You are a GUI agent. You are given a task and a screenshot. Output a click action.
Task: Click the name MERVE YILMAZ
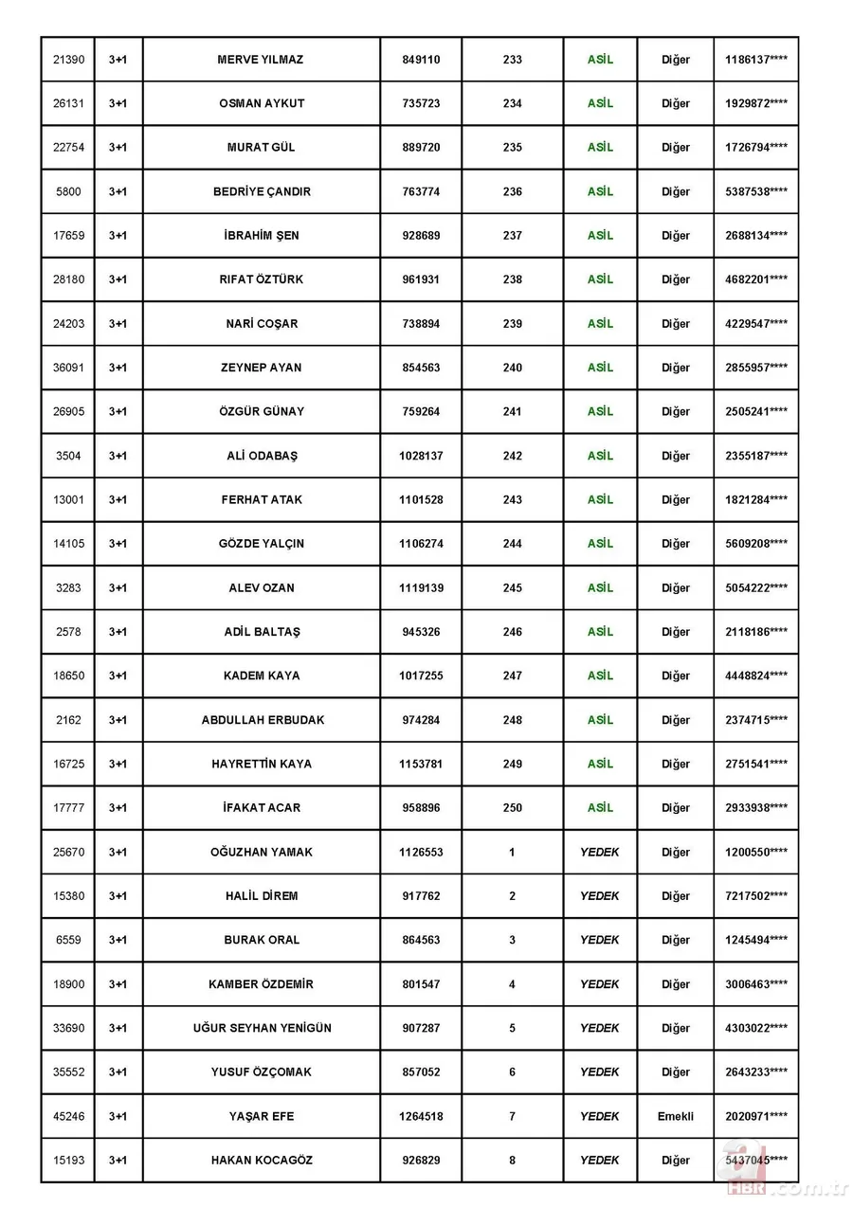pyautogui.click(x=262, y=60)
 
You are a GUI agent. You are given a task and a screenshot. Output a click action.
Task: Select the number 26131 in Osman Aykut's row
pyautogui.click(x=68, y=103)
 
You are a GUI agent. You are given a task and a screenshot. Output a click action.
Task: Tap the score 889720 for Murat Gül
pyautogui.click(x=421, y=148)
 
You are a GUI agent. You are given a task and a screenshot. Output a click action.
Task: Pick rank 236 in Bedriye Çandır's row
pyautogui.click(x=512, y=191)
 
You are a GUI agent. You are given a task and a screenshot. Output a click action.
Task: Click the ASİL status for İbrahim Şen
pyautogui.click(x=600, y=235)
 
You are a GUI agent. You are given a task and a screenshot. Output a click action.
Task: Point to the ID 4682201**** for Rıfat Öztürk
pyautogui.click(x=755, y=279)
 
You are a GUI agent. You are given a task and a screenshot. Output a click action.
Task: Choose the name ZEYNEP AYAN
pyautogui.click(x=262, y=368)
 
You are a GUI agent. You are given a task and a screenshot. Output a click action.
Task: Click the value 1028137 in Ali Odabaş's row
pyautogui.click(x=421, y=456)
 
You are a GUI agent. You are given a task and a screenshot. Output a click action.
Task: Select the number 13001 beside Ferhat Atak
pyautogui.click(x=68, y=499)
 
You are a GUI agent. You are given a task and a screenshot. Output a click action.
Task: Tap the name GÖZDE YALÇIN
pyautogui.click(x=262, y=544)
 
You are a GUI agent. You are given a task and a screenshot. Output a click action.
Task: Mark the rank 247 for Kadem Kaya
pyautogui.click(x=512, y=676)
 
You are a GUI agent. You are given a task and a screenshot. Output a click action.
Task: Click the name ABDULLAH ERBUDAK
pyautogui.click(x=262, y=720)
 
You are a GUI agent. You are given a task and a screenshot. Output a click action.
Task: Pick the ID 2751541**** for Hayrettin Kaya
pyautogui.click(x=755, y=764)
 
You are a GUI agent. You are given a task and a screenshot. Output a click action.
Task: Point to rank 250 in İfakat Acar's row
pyautogui.click(x=512, y=808)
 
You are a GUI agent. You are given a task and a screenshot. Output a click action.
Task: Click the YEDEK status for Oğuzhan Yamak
pyautogui.click(x=600, y=852)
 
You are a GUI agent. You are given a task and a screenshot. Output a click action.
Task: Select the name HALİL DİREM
pyautogui.click(x=262, y=896)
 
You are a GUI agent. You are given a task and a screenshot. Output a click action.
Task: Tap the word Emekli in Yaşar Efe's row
pyautogui.click(x=676, y=1116)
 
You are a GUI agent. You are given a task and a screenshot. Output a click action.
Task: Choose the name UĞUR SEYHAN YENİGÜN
pyautogui.click(x=262, y=1028)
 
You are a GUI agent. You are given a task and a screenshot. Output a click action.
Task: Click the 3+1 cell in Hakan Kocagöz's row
pyautogui.click(x=118, y=1160)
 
